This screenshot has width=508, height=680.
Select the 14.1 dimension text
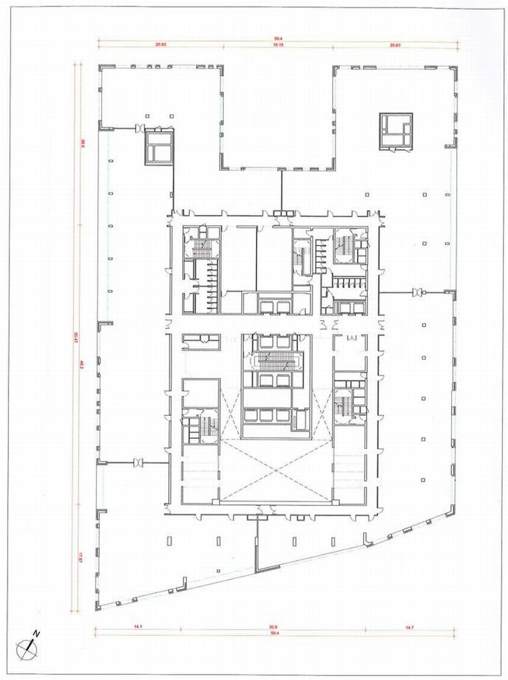tap(138, 626)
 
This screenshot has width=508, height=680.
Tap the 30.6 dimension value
tap(273, 626)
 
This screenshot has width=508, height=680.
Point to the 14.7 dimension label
tap(409, 626)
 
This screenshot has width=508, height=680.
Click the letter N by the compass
tap(37, 634)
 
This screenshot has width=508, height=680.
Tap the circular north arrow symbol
tap(28, 647)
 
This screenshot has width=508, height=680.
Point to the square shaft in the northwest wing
tap(158, 146)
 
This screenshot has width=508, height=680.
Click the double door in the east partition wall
tap(419, 292)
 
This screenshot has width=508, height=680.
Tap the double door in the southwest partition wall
tap(138, 462)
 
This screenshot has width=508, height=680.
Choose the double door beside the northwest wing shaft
tap(138, 130)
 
